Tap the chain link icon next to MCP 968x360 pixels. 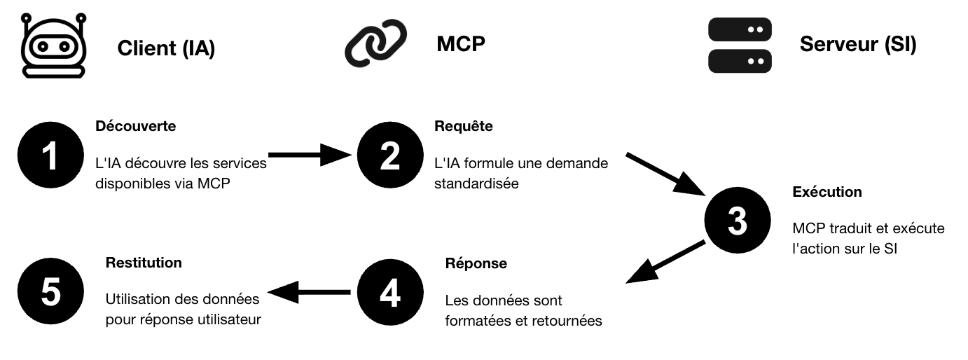coord(376,43)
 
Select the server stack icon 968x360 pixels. coord(740,46)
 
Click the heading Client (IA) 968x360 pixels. coord(166,48)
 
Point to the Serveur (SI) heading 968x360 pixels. coord(858,45)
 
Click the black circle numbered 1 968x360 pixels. coord(50,157)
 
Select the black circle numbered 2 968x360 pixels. coord(390,157)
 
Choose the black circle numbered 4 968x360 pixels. coord(390,293)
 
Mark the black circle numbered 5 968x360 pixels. coord(50,293)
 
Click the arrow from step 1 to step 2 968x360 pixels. coord(309,155)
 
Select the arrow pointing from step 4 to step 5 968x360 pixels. coord(309,293)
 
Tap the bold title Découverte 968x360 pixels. coord(135,127)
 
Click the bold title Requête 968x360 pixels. coord(464,127)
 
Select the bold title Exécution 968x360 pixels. coord(827,192)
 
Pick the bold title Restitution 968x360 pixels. coord(144,263)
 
